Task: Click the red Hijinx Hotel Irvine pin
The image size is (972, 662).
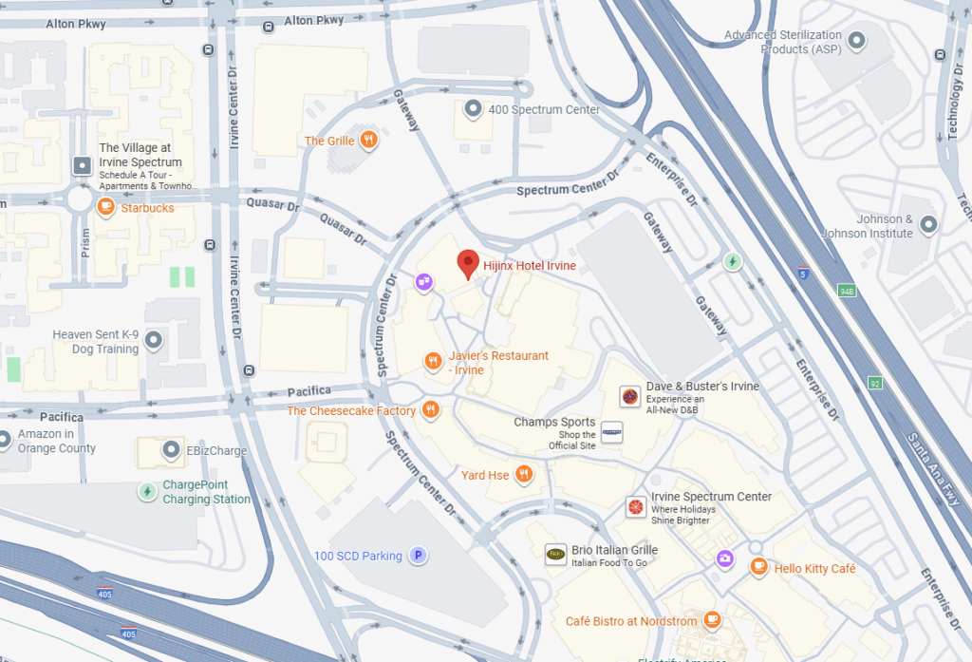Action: pos(468,263)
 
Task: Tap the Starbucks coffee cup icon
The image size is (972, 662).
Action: pos(105,207)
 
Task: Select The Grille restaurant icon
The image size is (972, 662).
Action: pos(369,141)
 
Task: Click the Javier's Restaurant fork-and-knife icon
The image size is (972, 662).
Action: pos(433,361)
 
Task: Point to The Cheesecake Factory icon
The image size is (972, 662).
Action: pos(431,410)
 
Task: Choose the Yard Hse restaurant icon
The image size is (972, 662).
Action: pos(523,475)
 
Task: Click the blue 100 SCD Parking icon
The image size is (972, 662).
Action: pos(417,556)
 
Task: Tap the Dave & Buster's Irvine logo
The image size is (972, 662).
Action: pos(628,396)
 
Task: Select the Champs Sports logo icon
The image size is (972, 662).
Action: pos(612,432)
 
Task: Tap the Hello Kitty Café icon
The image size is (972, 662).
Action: pos(758,567)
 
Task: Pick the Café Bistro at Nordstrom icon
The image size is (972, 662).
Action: pos(712,620)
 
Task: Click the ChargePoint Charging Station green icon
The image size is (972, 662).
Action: pos(146,491)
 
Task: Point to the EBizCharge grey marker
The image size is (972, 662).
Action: pos(172,450)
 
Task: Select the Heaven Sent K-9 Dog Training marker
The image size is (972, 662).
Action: pos(154,340)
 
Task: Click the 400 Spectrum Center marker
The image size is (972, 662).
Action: pos(473,109)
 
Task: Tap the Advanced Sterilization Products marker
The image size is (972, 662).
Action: pos(857,41)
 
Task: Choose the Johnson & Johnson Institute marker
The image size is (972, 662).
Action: pos(929,225)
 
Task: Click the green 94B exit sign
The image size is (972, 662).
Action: pos(846,292)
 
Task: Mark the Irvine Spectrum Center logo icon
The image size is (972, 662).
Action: pos(635,507)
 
